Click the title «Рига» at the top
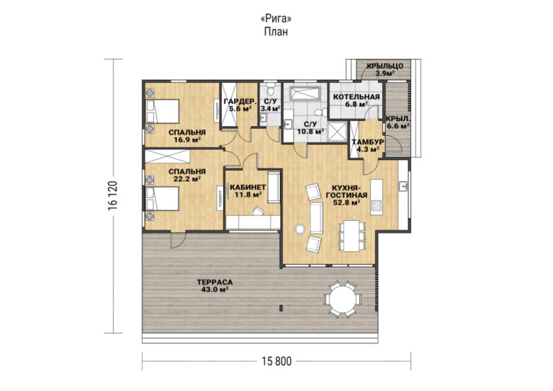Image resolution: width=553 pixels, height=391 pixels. (276, 18)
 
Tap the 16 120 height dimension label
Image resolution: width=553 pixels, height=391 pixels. (113, 197)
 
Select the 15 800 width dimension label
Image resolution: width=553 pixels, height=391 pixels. (276, 361)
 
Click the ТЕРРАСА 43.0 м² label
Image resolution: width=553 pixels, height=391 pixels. (215, 286)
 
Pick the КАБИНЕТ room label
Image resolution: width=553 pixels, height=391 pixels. (248, 187)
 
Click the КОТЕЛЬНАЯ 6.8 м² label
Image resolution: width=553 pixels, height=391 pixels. (356, 100)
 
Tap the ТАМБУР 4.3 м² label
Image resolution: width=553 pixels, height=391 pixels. (368, 145)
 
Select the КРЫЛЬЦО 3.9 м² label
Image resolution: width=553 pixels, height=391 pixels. (385, 69)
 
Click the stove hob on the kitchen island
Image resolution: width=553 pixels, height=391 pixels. (377, 205)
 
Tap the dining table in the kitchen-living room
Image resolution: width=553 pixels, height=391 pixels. (351, 235)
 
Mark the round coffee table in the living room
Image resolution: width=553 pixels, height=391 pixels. (300, 229)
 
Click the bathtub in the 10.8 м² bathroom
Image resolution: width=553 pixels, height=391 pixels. (305, 93)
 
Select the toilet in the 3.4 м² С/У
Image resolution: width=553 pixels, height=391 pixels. (271, 90)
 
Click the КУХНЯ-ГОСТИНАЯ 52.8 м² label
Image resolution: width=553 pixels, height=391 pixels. (346, 195)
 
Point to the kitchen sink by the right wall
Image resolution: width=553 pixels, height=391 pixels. (403, 186)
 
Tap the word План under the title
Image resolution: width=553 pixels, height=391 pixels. (276, 32)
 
